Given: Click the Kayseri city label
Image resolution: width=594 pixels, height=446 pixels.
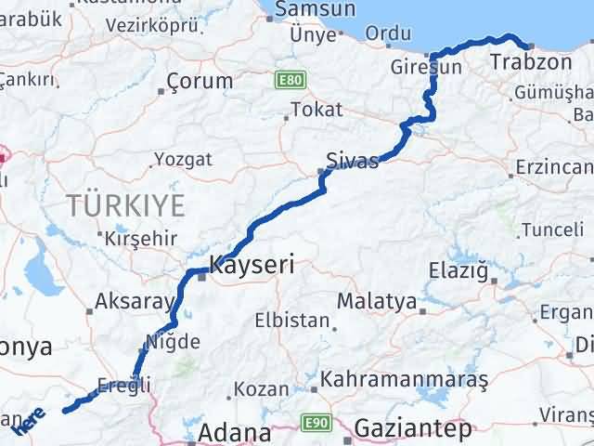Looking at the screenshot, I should [252, 265].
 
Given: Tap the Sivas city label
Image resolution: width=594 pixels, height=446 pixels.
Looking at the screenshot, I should [353, 161].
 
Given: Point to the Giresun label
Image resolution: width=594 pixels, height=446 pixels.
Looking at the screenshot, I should [426, 68].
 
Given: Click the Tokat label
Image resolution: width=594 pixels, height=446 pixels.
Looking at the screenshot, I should [316, 110].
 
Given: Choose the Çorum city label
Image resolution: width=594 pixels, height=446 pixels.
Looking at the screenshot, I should [200, 81].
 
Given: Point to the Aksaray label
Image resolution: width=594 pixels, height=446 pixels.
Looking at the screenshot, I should [135, 302].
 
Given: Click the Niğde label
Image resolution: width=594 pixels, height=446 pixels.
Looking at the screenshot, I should [174, 341].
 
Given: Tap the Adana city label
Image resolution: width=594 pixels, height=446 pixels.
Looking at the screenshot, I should [236, 433].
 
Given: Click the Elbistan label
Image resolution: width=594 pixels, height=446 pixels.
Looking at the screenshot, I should [293, 321].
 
